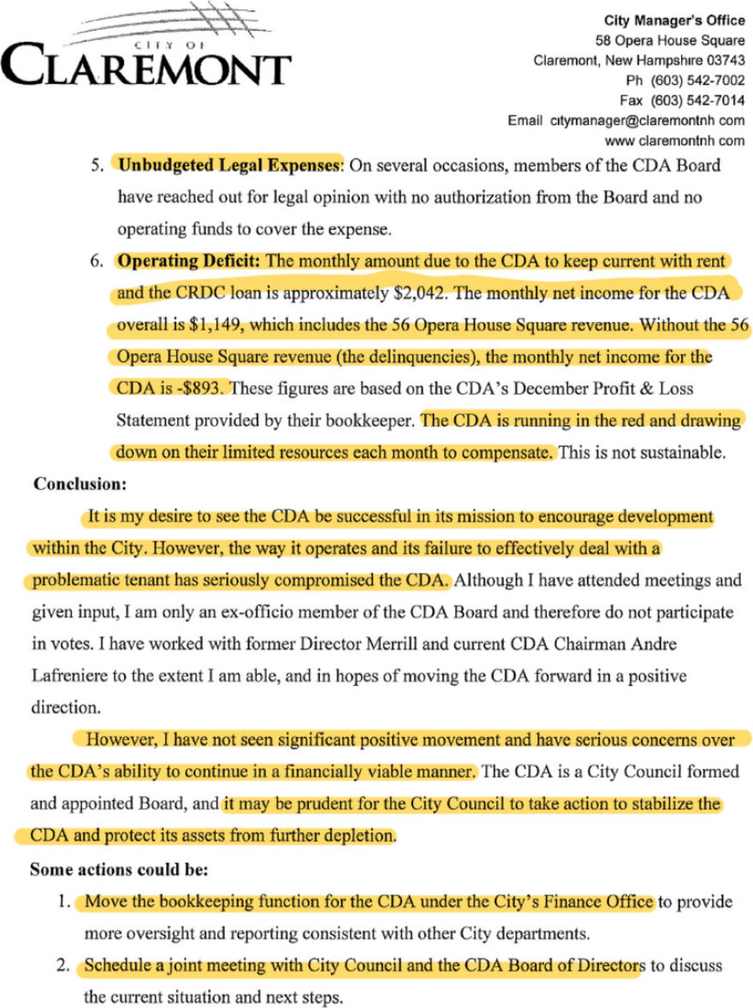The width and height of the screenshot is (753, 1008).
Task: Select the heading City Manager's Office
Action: pos(674,21)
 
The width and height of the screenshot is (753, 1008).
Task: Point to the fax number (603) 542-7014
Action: pos(696,99)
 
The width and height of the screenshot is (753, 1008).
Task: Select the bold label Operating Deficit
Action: pos(191,260)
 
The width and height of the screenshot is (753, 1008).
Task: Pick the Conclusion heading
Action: pos(80,484)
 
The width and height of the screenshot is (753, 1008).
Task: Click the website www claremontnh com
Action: pos(674,140)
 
